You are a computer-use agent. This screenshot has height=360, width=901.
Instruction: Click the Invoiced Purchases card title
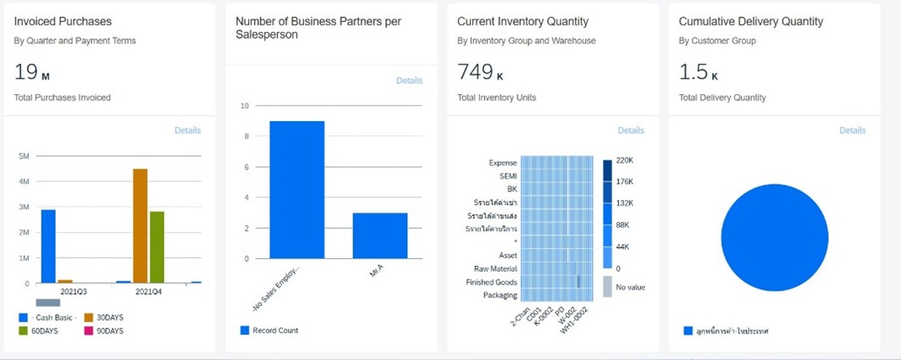pyautogui.click(x=63, y=21)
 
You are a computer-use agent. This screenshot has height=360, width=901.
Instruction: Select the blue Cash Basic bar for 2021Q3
pyautogui.click(x=48, y=246)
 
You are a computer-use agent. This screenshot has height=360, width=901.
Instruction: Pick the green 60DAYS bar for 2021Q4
pyautogui.click(x=157, y=246)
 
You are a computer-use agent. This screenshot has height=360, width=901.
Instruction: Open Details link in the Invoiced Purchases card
pyautogui.click(x=187, y=130)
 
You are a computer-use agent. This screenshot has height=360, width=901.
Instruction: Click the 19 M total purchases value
pyautogui.click(x=32, y=73)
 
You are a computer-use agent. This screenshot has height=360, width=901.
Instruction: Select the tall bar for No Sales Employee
pyautogui.click(x=296, y=190)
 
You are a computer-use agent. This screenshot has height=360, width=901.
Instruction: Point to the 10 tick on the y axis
pyautogui.click(x=244, y=106)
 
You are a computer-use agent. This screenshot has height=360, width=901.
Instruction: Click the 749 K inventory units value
pyautogui.click(x=480, y=73)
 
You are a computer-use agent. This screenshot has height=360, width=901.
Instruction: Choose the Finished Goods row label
pyautogui.click(x=491, y=282)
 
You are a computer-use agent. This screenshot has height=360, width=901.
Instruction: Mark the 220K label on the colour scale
pyautogui.click(x=626, y=160)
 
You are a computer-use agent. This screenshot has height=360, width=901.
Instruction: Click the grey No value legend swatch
pyautogui.click(x=608, y=286)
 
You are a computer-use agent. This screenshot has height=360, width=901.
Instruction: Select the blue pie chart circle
pyautogui.click(x=773, y=238)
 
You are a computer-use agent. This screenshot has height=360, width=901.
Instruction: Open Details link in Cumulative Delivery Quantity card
pyautogui.click(x=853, y=130)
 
